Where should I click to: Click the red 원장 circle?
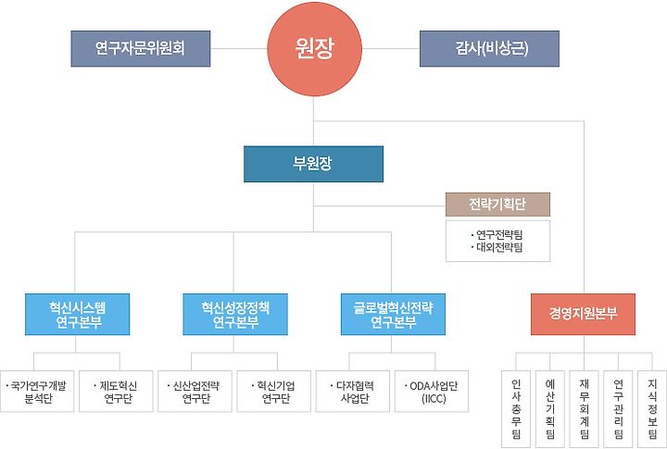313,49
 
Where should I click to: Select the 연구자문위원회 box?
140,49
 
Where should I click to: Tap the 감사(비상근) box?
489,49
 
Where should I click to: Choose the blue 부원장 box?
313,164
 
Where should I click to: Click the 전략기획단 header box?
497,204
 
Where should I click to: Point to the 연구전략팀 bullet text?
497,234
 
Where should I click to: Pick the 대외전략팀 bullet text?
497,247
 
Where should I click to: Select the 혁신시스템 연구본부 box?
77,315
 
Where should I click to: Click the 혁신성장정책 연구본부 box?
234,315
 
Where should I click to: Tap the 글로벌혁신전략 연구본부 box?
393,315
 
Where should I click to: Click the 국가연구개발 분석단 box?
37,393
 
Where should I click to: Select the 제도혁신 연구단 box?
116,393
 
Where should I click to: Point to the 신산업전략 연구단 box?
195,393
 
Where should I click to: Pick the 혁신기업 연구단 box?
273,393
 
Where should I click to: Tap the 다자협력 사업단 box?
353,393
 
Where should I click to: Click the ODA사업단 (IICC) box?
432,393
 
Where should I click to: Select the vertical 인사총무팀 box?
516,407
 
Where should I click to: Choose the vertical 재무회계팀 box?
584,407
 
